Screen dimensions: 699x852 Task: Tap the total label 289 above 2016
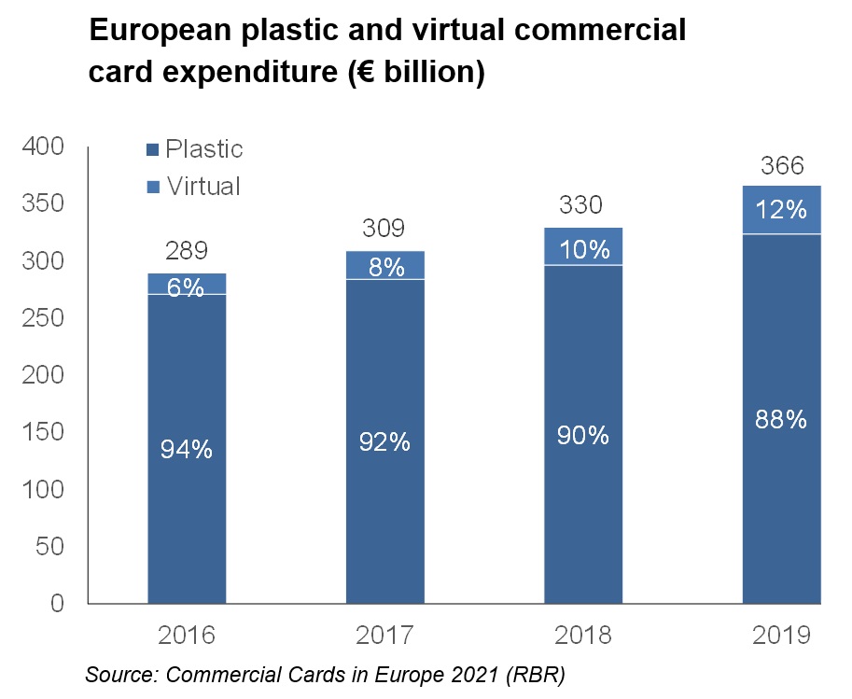coord(187,251)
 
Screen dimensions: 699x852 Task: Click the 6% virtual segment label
coord(187,288)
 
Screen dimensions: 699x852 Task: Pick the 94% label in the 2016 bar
coord(187,450)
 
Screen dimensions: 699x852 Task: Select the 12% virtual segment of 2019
coord(781,210)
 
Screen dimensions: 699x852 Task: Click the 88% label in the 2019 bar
coord(781,420)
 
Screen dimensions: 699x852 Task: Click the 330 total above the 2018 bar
coord(582,205)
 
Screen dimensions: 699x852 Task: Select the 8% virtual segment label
coord(384,268)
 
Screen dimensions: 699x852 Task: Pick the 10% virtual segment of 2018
coord(582,249)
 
